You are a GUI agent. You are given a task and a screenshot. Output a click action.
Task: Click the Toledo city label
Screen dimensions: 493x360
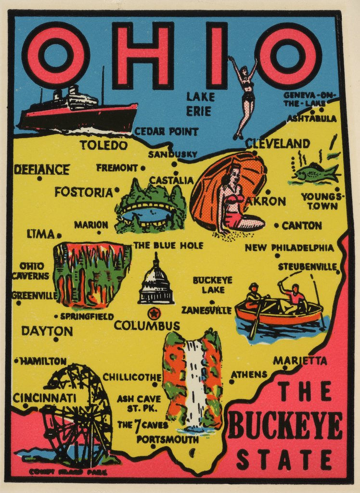pyautogui.click(x=103, y=145)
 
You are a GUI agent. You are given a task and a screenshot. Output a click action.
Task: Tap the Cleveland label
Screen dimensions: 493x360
pyautogui.click(x=277, y=143)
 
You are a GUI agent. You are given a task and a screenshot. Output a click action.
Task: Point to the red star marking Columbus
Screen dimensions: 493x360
pyautogui.click(x=154, y=314)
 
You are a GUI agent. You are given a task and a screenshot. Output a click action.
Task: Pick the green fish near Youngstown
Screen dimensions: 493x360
pyautogui.click(x=315, y=173)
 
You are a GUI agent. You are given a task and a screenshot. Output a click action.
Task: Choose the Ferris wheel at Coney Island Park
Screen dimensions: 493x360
pyautogui.click(x=77, y=414)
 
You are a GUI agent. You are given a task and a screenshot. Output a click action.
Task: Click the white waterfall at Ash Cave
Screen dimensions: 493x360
pyautogui.click(x=194, y=383)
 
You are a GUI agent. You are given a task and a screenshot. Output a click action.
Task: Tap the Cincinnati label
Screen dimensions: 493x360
pyautogui.click(x=44, y=398)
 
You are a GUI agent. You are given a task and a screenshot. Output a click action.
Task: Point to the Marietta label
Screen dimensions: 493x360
pyautogui.click(x=300, y=361)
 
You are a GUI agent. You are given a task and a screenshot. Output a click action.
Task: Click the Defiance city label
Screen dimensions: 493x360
pyautogui.click(x=41, y=169)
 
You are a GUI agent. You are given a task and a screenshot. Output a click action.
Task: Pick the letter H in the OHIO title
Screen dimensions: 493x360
pyautogui.click(x=142, y=55)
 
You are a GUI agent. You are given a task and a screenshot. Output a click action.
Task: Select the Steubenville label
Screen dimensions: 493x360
pyautogui.click(x=308, y=266)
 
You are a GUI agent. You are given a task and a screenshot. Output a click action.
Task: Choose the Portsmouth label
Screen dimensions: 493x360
pyautogui.click(x=167, y=440)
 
